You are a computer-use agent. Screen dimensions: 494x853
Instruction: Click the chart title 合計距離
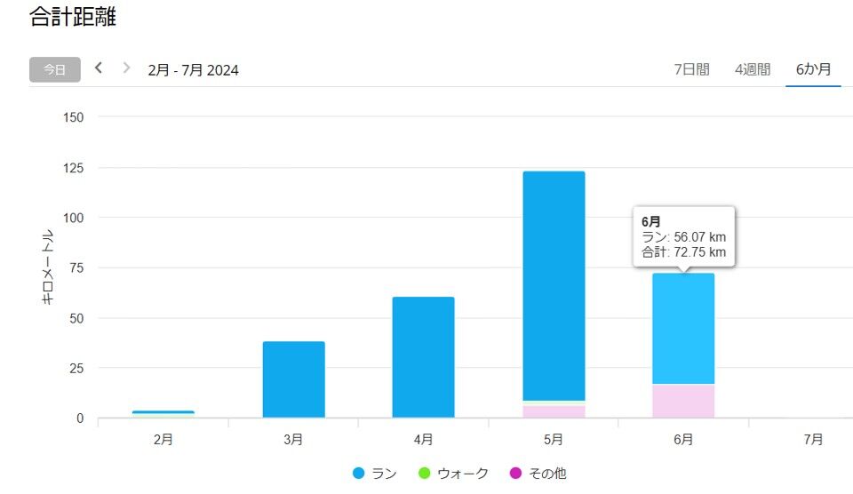73,16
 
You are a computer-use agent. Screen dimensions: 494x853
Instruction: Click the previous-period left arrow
99,68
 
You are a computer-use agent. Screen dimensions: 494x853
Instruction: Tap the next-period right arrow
126,68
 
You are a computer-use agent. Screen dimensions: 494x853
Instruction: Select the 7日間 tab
691,69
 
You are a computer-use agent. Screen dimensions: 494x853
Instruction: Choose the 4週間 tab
753,69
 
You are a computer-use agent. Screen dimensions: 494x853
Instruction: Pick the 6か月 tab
813,69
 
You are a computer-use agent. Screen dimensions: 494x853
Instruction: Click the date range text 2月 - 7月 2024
193,70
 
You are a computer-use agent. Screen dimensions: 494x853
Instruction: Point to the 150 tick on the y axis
74,117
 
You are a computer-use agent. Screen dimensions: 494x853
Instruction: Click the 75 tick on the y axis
77,268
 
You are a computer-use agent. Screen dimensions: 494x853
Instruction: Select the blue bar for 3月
293,379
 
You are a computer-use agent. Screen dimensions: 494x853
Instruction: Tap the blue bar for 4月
423,357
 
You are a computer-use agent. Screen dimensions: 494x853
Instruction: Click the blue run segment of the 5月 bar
554,284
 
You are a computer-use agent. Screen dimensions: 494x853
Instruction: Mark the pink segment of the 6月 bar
683,401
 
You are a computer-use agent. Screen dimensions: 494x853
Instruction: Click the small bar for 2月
163,413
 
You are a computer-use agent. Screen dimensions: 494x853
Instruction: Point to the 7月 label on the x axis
813,439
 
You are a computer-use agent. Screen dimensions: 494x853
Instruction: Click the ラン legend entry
375,474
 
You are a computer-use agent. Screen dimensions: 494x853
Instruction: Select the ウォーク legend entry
453,474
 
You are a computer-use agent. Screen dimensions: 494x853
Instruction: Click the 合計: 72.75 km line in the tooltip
683,252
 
